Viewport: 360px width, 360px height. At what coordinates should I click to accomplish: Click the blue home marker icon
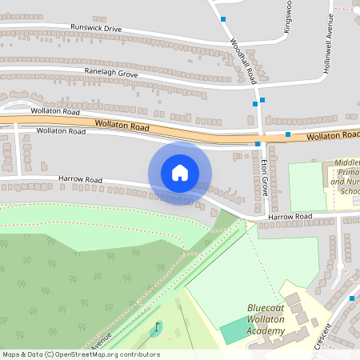tap(180, 173)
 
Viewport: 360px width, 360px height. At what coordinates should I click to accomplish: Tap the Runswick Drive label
tap(96, 29)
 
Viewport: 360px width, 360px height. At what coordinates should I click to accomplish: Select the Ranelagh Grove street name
tap(111, 73)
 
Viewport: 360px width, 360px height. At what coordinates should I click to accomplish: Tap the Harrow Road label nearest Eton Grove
tap(289, 217)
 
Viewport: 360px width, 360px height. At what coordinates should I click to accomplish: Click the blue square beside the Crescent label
tap(352, 298)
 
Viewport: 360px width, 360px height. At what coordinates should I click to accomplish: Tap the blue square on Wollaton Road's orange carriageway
tap(288, 134)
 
